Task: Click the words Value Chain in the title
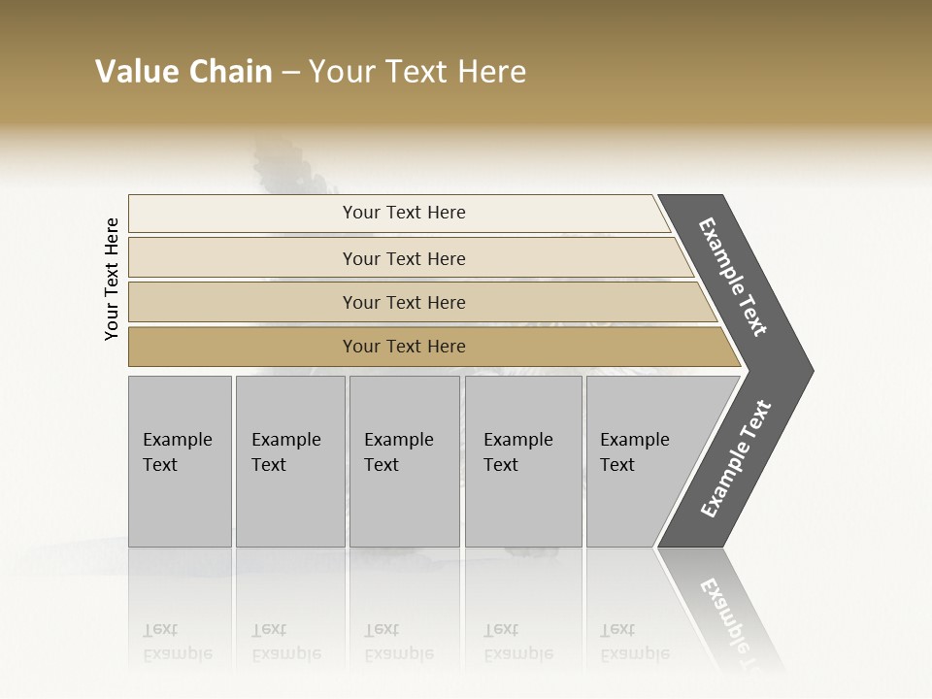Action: (x=183, y=72)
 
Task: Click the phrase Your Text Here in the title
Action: (x=417, y=72)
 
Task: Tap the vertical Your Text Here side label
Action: (x=113, y=280)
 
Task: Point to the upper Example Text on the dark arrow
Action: (x=733, y=277)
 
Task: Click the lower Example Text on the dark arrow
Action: (x=736, y=458)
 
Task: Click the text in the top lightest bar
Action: (x=404, y=213)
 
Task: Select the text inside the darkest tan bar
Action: (x=404, y=347)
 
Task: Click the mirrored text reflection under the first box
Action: (x=177, y=642)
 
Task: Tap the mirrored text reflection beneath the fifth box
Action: (x=634, y=642)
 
